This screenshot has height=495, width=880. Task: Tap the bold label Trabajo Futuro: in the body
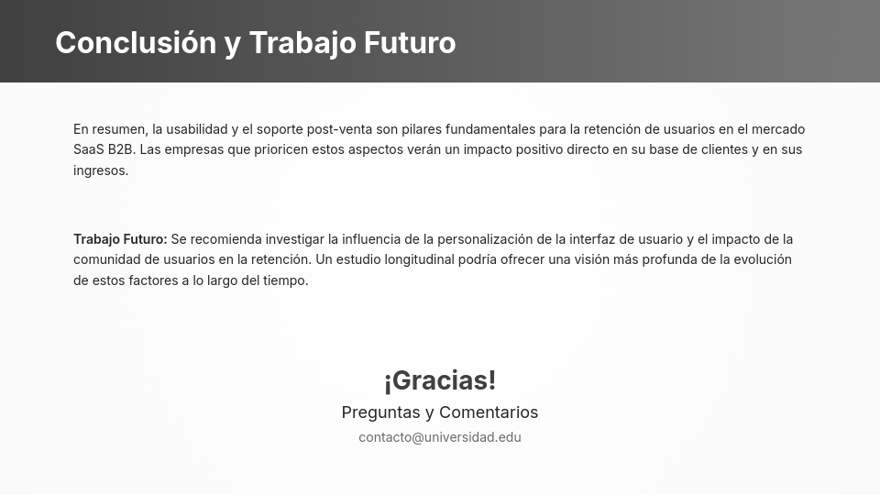(120, 239)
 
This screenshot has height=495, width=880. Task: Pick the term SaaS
(89, 149)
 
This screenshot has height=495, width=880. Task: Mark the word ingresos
(100, 170)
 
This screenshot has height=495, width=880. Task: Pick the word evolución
(762, 259)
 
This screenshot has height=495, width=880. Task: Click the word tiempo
(282, 280)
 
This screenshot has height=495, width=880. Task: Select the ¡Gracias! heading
(440, 380)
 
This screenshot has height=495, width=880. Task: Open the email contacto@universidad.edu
(440, 437)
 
